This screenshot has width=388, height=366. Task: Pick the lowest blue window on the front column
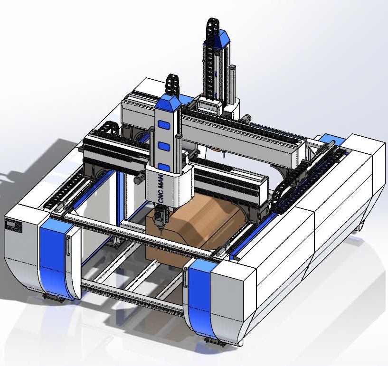pyautogui.click(x=164, y=167)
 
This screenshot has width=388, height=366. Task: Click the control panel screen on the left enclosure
pyautogui.click(x=13, y=225)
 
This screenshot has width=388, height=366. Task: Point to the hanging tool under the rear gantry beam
pyautogui.click(x=222, y=153)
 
